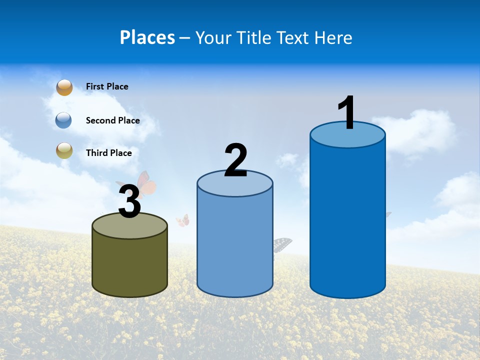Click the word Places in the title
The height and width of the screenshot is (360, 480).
(x=147, y=37)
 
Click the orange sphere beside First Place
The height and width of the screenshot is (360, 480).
(x=64, y=87)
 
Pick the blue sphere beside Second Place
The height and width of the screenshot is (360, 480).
(x=64, y=120)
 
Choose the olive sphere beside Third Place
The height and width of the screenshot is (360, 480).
(x=64, y=150)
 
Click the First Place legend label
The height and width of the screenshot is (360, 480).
(x=107, y=86)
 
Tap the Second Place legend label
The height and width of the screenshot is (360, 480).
(x=112, y=120)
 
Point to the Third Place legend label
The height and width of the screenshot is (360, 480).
(x=108, y=153)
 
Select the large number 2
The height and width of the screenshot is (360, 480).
(x=235, y=160)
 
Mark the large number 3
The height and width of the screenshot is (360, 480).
(x=129, y=202)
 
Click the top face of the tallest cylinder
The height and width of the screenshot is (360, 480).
(x=347, y=137)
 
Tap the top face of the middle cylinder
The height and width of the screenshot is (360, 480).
(x=235, y=185)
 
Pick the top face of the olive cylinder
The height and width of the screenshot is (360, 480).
(x=129, y=227)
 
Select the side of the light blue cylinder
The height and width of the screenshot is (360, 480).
(x=235, y=245)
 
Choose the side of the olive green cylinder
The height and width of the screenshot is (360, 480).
(x=129, y=265)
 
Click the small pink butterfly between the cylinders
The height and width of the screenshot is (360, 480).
(x=183, y=220)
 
